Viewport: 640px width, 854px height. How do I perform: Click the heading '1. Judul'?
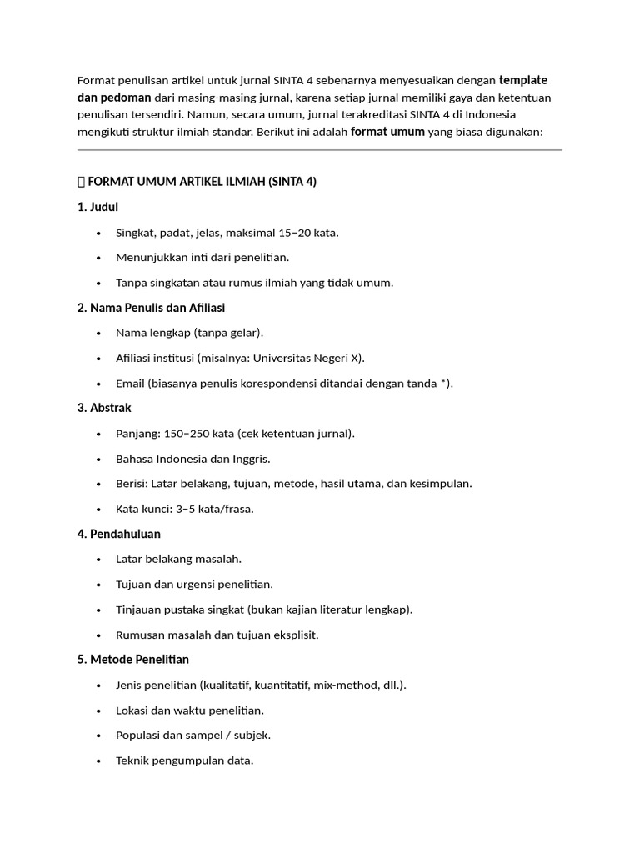tap(103, 207)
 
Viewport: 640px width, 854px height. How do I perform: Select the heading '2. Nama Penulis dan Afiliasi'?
tap(151, 308)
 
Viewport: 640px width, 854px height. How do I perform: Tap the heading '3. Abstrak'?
tap(104, 408)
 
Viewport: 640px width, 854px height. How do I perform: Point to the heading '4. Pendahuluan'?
tap(119, 534)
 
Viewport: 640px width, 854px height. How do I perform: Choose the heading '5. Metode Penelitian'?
tap(133, 659)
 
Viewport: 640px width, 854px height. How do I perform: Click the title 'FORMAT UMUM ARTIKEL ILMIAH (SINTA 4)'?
tap(202, 182)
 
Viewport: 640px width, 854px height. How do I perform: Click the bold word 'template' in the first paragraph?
tap(522, 80)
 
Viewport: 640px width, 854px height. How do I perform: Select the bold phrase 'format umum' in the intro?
tap(387, 132)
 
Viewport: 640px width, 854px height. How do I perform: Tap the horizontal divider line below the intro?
tap(320, 150)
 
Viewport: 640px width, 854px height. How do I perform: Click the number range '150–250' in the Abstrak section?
tap(187, 434)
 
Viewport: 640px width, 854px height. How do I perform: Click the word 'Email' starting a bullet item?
tap(130, 384)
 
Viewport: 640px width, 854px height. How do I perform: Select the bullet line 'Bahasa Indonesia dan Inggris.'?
tap(193, 459)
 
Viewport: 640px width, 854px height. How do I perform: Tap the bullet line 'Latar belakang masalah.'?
tap(179, 559)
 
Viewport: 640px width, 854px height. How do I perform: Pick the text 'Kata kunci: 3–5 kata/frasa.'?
tap(185, 509)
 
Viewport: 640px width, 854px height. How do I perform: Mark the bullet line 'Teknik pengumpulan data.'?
tap(184, 761)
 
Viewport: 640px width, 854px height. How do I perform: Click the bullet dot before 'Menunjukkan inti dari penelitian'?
tap(99, 258)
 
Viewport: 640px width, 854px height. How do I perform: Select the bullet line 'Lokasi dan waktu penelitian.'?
tap(190, 711)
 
